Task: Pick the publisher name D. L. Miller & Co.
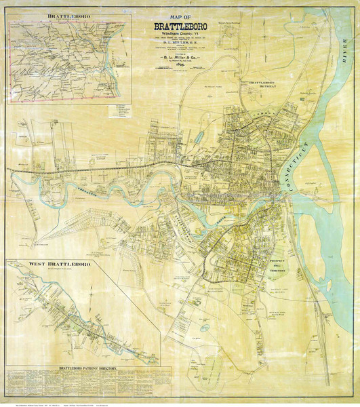click(169, 58)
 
